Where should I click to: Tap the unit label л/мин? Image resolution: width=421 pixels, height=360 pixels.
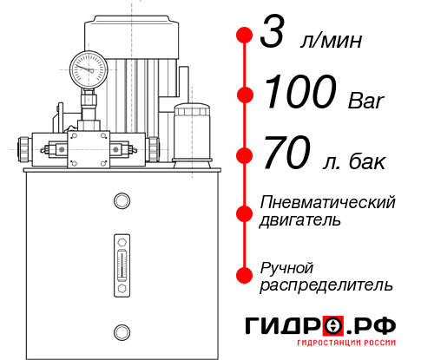[331, 42]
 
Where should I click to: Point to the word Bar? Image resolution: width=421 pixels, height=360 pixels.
[365, 99]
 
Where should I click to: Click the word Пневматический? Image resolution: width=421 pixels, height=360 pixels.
[327, 202]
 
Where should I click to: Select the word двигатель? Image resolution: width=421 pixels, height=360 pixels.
[300, 220]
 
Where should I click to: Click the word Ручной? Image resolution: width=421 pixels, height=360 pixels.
[286, 266]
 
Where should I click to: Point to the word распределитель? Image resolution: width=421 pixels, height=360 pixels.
[326, 285]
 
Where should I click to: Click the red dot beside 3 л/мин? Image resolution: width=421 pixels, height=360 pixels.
[245, 36]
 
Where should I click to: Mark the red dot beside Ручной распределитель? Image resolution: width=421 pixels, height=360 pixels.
[245, 275]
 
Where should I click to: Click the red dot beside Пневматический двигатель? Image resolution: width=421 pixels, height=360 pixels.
[245, 212]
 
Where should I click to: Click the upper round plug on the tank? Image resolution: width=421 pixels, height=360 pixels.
[121, 201]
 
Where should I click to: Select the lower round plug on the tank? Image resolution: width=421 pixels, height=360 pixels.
[121, 330]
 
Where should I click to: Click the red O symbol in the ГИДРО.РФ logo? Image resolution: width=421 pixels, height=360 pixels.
[333, 325]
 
